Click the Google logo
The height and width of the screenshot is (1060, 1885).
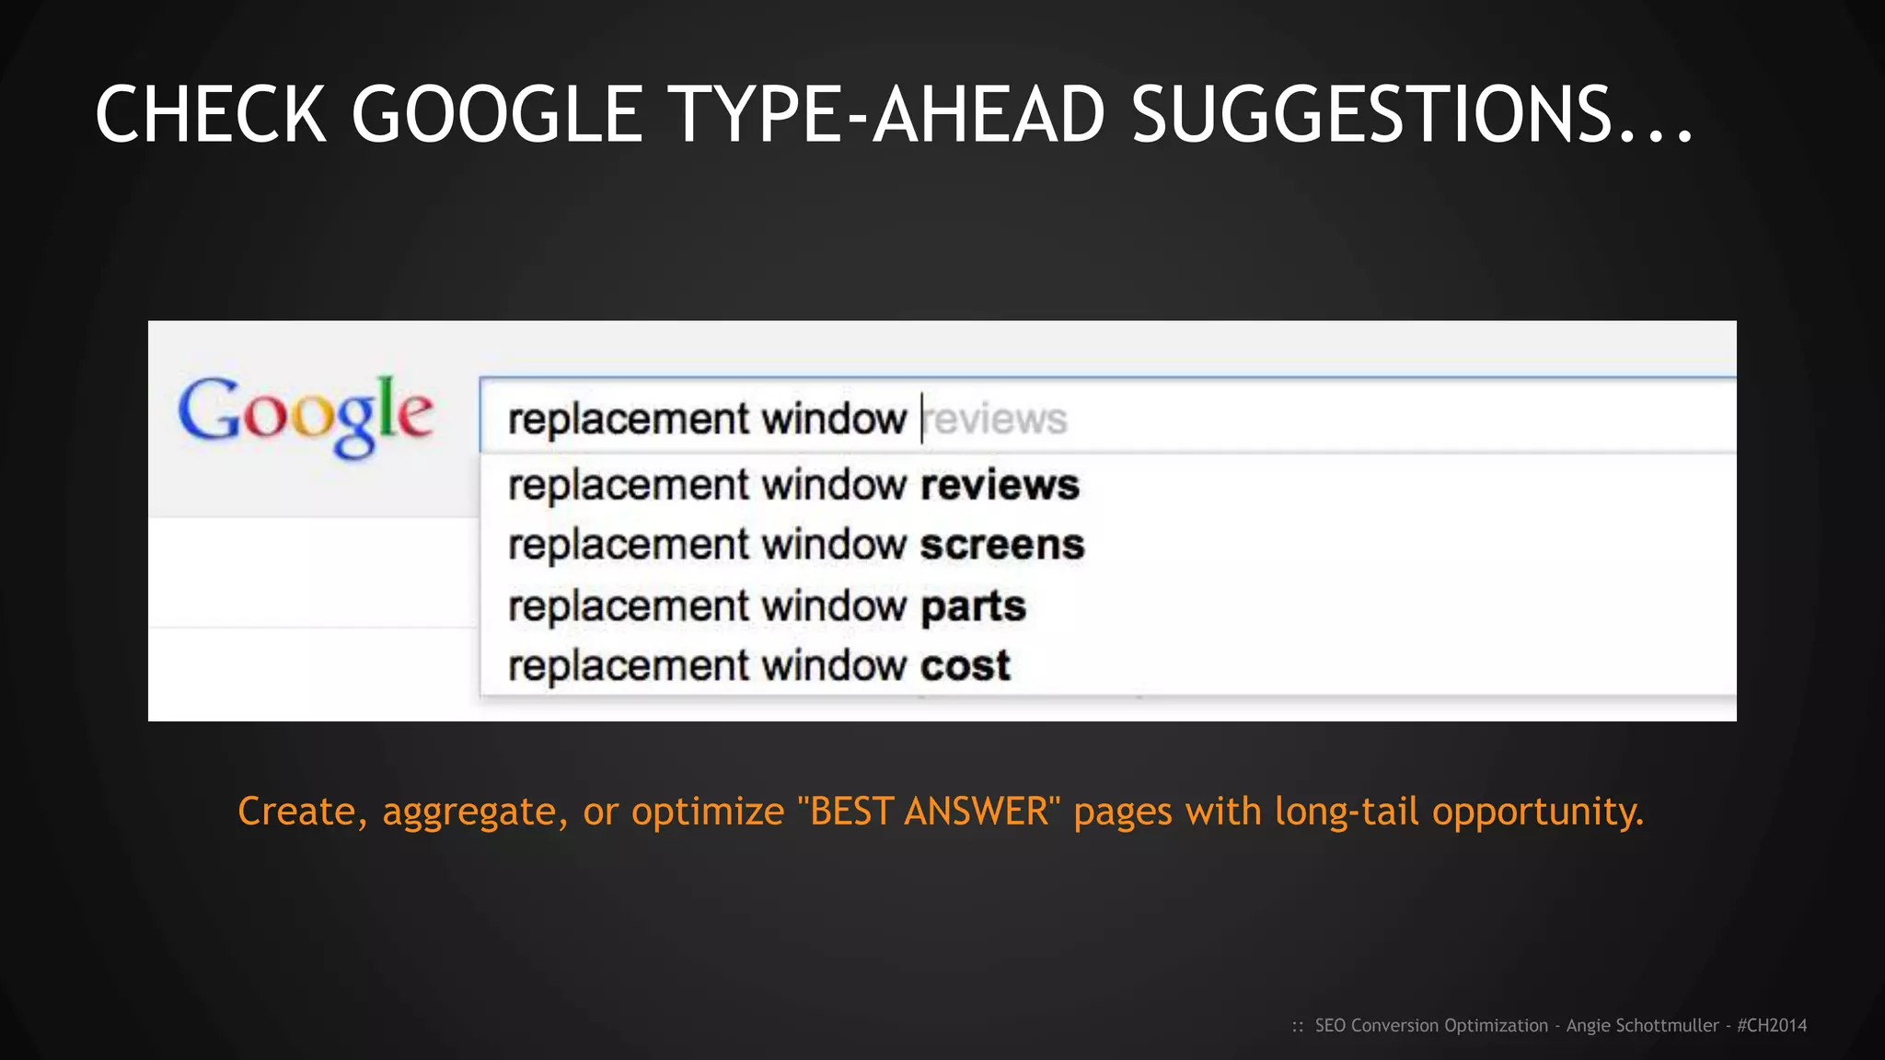[305, 415]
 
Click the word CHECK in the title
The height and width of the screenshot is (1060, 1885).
[210, 115]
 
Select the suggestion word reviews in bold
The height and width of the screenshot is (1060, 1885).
[1000, 485]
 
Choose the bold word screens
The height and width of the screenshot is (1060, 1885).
[1002, 545]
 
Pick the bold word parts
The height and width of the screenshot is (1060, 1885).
[973, 606]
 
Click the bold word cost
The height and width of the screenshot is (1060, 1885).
[966, 666]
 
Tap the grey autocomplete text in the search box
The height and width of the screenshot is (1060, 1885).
[997, 420]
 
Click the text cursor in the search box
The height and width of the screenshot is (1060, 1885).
[921, 419]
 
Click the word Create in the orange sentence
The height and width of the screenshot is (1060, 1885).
[296, 812]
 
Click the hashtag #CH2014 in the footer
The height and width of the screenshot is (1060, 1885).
[1772, 1025]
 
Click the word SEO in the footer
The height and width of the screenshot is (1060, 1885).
[1330, 1025]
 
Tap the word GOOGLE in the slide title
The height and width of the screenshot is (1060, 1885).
[497, 115]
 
